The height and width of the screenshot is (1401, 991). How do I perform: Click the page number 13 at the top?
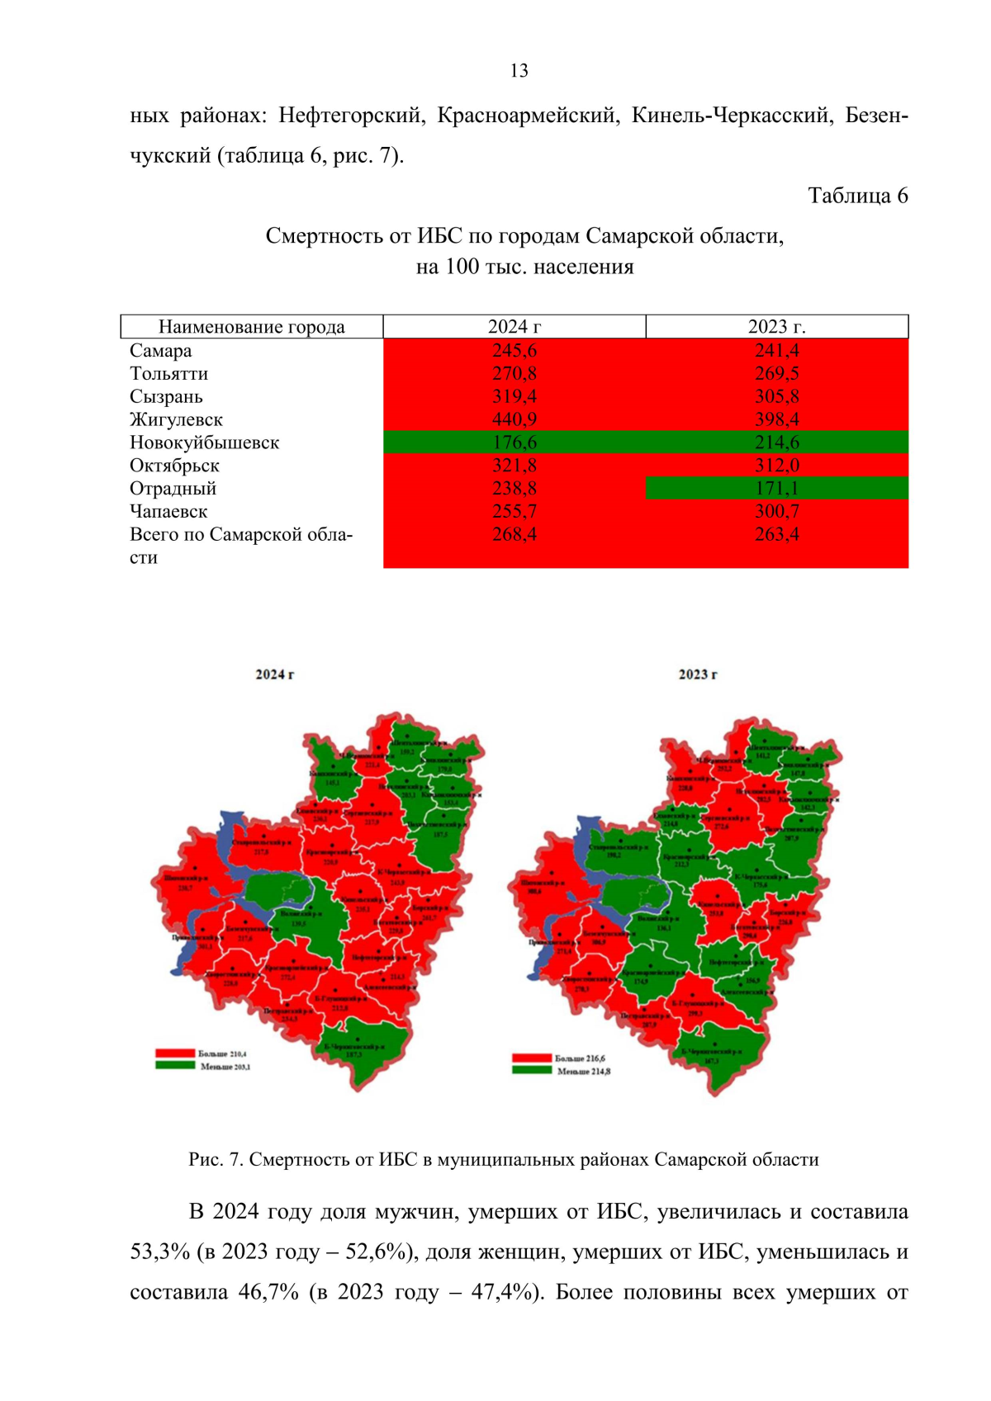(x=519, y=71)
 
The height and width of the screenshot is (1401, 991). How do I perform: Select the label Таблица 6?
(x=857, y=196)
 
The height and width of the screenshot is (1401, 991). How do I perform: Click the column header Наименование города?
(x=251, y=327)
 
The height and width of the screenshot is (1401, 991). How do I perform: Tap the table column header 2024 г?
(x=514, y=327)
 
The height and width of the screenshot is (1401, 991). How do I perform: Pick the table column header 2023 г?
(x=776, y=327)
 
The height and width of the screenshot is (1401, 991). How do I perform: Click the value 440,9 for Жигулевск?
(x=514, y=419)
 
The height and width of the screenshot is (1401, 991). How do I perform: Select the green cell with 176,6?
(x=514, y=443)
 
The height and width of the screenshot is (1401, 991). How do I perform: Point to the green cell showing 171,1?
(x=776, y=489)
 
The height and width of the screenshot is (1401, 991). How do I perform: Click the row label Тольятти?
(x=168, y=374)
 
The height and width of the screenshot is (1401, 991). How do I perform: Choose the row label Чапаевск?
(x=168, y=512)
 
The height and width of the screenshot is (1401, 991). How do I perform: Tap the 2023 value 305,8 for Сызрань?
(x=776, y=397)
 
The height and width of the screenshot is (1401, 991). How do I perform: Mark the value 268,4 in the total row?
(x=514, y=535)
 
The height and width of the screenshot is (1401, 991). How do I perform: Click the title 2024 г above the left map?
(x=274, y=674)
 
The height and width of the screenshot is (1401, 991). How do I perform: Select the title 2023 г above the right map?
(x=698, y=674)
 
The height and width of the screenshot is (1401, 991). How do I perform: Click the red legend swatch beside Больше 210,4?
(x=175, y=1053)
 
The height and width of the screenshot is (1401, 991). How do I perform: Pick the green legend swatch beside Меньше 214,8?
(x=531, y=1071)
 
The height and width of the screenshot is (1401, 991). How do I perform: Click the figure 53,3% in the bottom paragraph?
(x=159, y=1252)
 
